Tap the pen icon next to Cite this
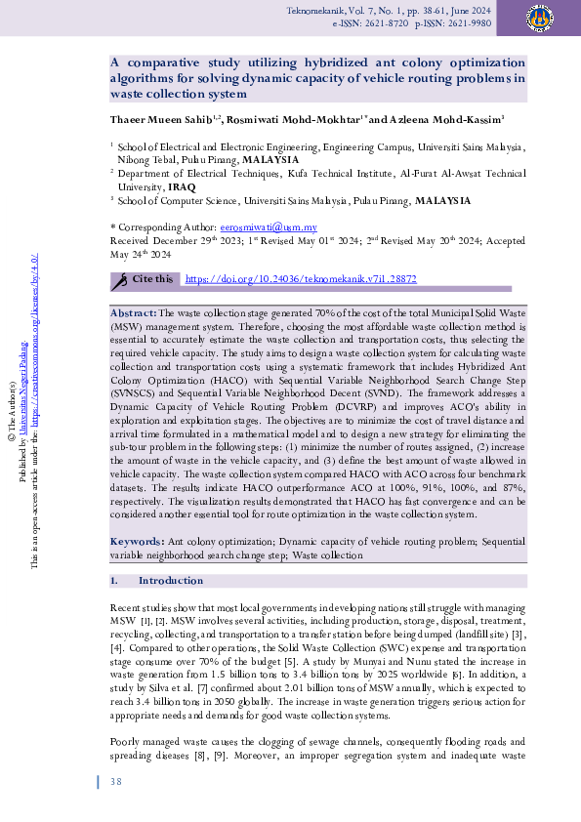point(120,280)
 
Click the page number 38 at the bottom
point(115,782)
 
